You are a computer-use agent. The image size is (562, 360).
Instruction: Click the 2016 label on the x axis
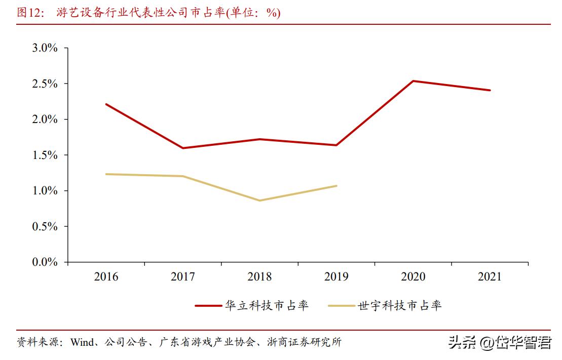[x=106, y=277]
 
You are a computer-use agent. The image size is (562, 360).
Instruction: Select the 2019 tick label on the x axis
[x=336, y=277]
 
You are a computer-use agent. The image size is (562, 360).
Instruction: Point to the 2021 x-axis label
[x=490, y=277]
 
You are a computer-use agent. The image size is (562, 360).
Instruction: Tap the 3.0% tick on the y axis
[x=45, y=48]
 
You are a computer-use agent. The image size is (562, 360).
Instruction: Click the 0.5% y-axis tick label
[x=45, y=227]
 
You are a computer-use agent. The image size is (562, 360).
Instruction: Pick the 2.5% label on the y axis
[x=45, y=84]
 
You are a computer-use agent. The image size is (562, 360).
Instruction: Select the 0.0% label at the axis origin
[x=45, y=262]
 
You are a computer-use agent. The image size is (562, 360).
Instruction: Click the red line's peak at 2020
[x=413, y=81]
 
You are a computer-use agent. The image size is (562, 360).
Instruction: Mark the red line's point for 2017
[x=182, y=148]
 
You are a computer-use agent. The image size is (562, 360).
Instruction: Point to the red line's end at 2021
[x=490, y=90]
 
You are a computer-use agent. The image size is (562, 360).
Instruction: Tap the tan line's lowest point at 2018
[x=259, y=201]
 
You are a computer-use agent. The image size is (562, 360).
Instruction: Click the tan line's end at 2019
[x=336, y=186]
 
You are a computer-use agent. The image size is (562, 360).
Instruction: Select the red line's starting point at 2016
[x=106, y=104]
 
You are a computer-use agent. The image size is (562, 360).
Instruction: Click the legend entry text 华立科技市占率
[x=267, y=305]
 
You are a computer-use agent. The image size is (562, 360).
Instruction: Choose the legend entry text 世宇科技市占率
[x=400, y=305]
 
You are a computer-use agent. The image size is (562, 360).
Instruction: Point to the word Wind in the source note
[x=82, y=342]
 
